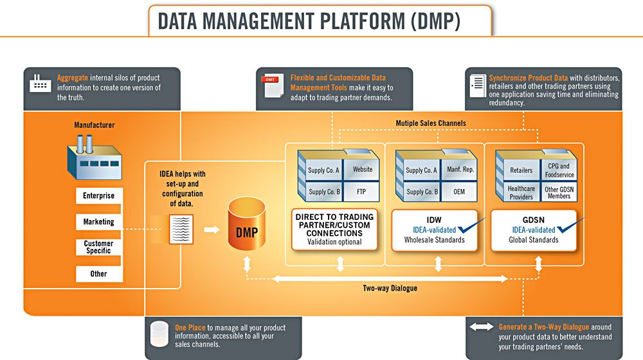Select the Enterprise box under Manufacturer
98,195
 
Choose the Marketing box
98,222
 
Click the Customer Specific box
98,247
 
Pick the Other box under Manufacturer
98,274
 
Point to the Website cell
362,170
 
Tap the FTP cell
362,192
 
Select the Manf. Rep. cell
460,170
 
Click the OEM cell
460,192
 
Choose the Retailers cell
521,170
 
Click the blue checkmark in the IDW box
473,227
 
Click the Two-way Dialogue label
390,288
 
